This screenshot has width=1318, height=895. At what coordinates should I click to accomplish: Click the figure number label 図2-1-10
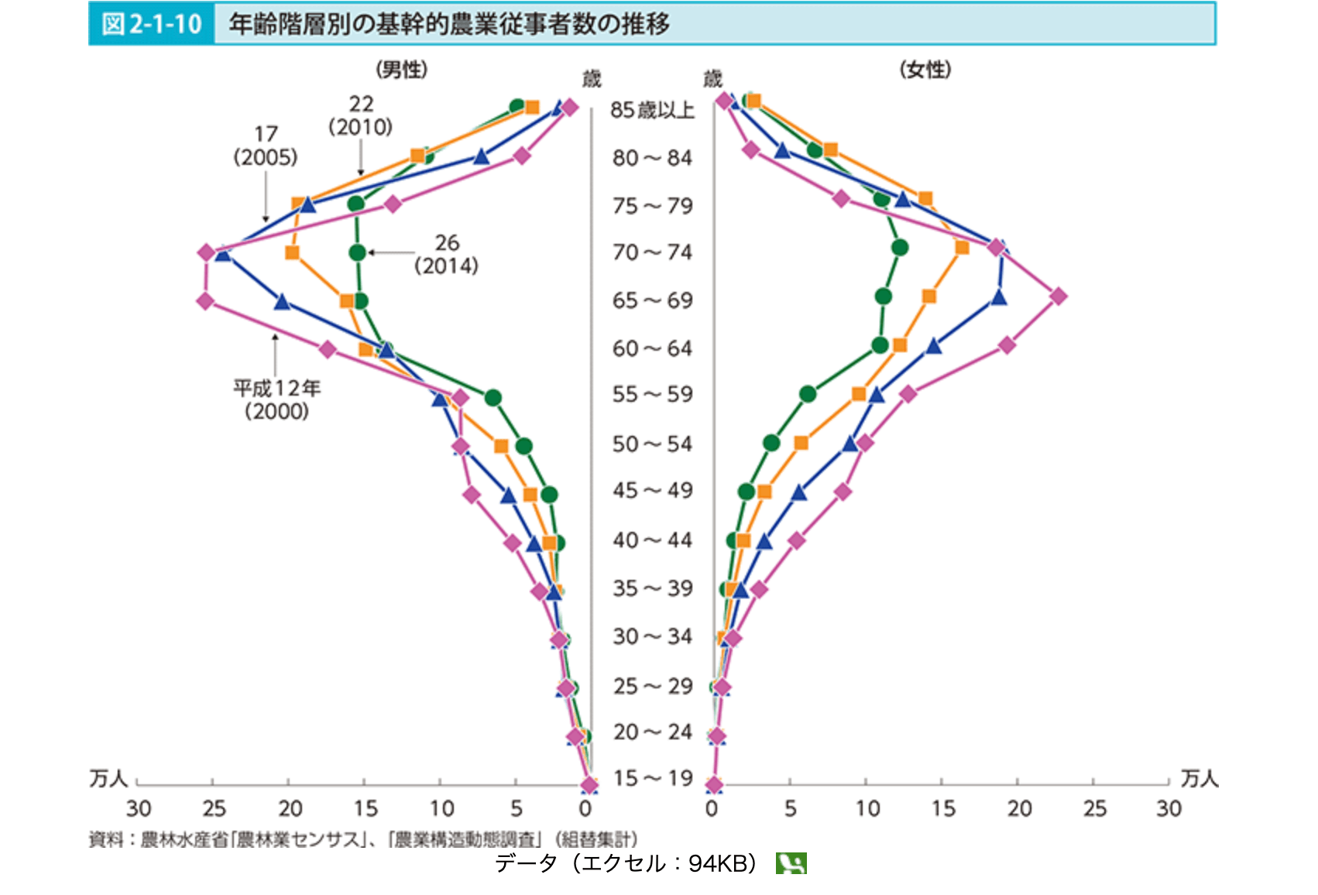tap(152, 24)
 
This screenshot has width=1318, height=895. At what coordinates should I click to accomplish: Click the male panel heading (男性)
tap(401, 70)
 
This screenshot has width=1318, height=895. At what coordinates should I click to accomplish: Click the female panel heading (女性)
tap(925, 70)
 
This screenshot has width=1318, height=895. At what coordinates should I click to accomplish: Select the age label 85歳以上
tap(652, 110)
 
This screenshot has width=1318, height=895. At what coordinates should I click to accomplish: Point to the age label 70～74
tap(652, 252)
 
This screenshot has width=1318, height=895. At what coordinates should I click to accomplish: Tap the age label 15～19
tap(653, 778)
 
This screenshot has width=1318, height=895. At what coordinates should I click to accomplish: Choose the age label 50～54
tap(652, 444)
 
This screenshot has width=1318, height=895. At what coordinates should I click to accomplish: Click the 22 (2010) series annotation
tap(361, 115)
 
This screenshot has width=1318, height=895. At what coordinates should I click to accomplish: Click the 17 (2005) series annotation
tap(266, 146)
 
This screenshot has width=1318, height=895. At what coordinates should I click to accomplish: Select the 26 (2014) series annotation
tap(447, 254)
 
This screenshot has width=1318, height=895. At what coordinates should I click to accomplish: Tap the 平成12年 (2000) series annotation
tap(276, 399)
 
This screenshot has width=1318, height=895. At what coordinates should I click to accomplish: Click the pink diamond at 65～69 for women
tap(1058, 296)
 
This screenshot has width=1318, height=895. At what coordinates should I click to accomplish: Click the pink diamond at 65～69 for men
tap(205, 300)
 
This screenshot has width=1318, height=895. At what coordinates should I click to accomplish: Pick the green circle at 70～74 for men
tap(357, 252)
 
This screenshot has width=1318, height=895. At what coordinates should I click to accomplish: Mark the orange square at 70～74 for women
tap(962, 248)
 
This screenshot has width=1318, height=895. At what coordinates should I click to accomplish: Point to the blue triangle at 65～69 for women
tap(999, 297)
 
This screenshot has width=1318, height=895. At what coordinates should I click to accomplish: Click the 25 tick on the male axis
tap(214, 808)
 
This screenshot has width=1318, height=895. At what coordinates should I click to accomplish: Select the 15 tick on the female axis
tap(942, 808)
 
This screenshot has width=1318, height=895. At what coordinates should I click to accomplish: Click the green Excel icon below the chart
tap(791, 863)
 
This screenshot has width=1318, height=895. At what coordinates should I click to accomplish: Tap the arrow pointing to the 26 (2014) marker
tap(391, 252)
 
